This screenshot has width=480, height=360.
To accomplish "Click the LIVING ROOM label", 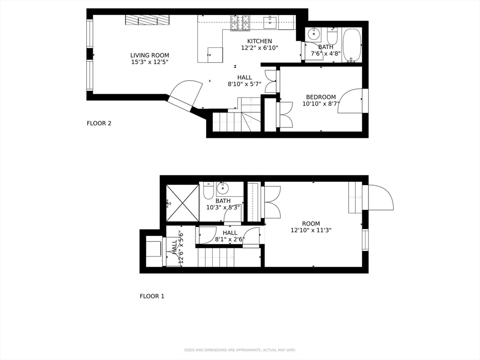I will pyautogui.click(x=150, y=55).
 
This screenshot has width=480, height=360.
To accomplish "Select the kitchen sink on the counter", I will pyautogui.click(x=270, y=22).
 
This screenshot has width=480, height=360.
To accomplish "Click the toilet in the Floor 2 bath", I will pyautogui.click(x=332, y=36).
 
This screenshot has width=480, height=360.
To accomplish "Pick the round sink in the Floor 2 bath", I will pyautogui.click(x=314, y=34).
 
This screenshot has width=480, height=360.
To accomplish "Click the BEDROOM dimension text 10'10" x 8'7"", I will pyautogui.click(x=321, y=104).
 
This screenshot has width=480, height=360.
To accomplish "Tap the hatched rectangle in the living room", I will pyautogui.click(x=147, y=20).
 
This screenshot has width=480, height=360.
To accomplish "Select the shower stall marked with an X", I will pyautogui.click(x=182, y=202).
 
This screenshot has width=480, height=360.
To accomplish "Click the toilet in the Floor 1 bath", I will pyautogui.click(x=208, y=190).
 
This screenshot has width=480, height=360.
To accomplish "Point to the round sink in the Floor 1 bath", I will pyautogui.click(x=222, y=188).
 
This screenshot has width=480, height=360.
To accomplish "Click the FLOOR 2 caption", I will pyautogui.click(x=99, y=123).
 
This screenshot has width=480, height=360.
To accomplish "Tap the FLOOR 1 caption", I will pyautogui.click(x=152, y=296).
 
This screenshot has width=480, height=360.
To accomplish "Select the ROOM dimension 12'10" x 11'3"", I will pyautogui.click(x=311, y=230).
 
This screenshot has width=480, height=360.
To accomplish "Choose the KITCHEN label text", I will pyautogui.click(x=259, y=41).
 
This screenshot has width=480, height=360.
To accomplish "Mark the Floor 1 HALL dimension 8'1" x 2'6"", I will pyautogui.click(x=230, y=239).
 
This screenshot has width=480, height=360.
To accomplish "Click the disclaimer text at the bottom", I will pyautogui.click(x=240, y=350).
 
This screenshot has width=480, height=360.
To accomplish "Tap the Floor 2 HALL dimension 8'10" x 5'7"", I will pyautogui.click(x=244, y=84).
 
